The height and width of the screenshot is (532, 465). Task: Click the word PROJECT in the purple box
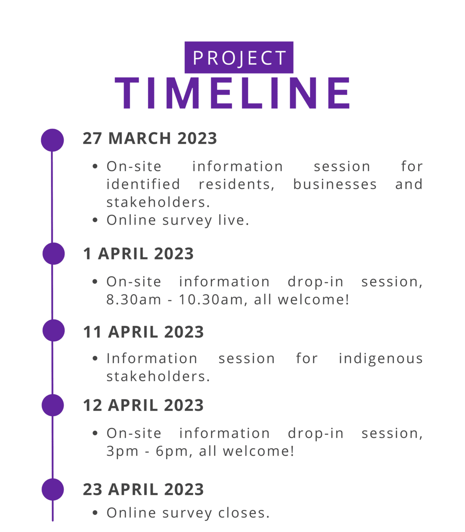239,58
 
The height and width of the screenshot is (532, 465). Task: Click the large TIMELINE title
232,93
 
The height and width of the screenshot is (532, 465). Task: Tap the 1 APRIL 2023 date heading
138,254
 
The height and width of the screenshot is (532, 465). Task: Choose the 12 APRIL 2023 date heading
143,405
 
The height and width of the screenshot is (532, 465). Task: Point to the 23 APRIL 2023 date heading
143,489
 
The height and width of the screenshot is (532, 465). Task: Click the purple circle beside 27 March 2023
52,140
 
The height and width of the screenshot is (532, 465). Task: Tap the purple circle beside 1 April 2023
54,254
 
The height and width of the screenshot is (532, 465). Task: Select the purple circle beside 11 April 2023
54,330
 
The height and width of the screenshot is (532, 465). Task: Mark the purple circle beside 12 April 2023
53,405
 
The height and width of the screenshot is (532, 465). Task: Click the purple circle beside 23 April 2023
53,489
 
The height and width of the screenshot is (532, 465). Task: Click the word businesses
335,184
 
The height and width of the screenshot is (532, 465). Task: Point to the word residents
236,185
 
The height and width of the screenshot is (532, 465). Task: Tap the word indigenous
380,359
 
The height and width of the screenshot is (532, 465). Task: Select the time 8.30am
134,300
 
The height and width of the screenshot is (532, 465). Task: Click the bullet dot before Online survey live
95,220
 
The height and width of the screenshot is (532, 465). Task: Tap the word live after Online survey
233,220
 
